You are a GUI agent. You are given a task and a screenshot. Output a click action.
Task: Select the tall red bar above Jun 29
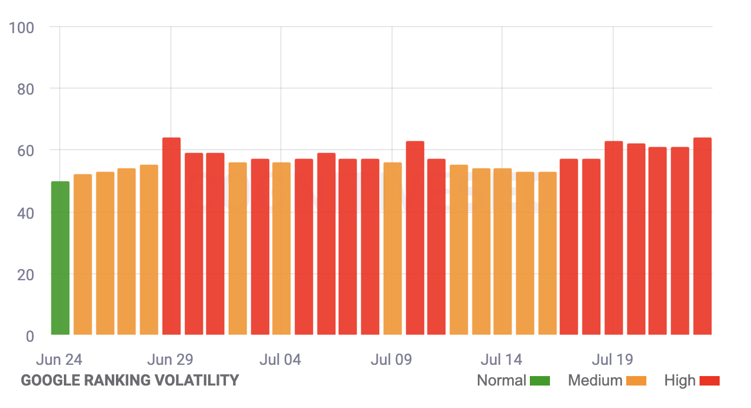pos(171,237)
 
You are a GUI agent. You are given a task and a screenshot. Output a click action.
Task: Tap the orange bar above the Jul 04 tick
pos(281,249)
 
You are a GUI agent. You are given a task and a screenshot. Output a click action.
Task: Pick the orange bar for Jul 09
pos(392,249)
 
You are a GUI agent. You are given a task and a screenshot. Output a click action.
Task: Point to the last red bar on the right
pos(702,237)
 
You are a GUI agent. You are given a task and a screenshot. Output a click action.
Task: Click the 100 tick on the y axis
pos(22,28)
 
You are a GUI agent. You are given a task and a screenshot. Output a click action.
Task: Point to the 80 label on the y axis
pos(25,89)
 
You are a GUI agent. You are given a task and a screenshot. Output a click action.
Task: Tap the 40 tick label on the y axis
pos(25,212)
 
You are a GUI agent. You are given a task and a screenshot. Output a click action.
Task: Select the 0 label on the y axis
pos(30,336)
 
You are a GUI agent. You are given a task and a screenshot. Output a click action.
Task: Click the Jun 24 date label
pos(59,360)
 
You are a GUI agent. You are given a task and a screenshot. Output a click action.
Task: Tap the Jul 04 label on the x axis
pos(280,360)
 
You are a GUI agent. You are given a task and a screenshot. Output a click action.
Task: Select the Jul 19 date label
pos(613,360)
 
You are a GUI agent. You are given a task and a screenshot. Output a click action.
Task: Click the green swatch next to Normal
pos(540,381)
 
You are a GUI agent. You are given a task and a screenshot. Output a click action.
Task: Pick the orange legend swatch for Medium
pos(636,381)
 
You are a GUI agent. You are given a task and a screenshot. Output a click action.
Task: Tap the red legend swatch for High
pos(709,381)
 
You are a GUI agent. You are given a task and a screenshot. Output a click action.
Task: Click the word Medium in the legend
pos(595,381)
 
